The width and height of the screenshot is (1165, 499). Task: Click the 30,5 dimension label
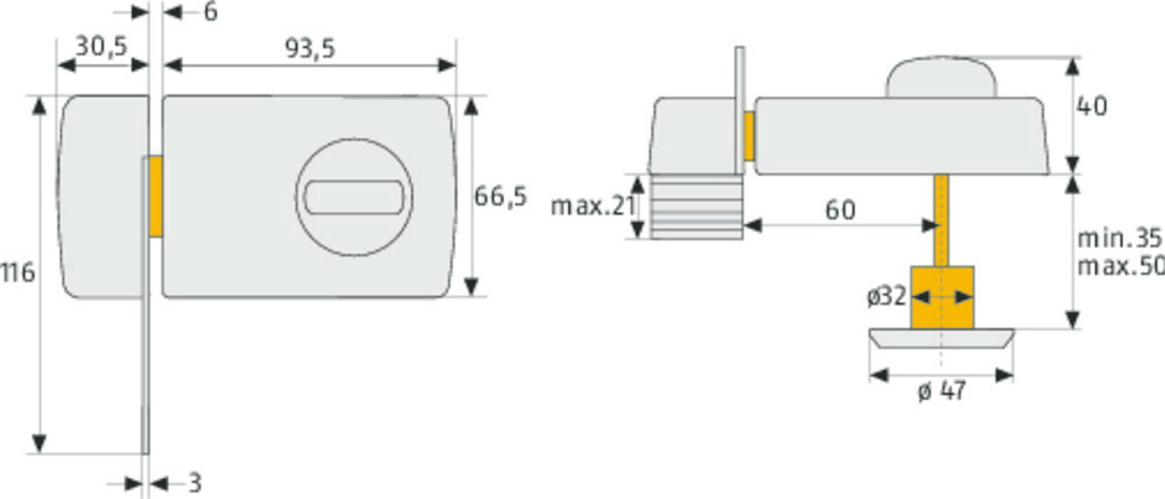(x=101, y=47)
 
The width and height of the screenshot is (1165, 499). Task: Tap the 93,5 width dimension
(x=310, y=49)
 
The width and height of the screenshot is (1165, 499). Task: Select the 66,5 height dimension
(x=500, y=197)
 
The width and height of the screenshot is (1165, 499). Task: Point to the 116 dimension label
(x=17, y=273)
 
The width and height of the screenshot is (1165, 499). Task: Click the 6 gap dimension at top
(x=211, y=12)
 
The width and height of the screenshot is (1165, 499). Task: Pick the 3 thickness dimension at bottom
(x=195, y=483)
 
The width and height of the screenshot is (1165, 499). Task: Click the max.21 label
(x=593, y=206)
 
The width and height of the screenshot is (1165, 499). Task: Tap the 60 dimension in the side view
(x=840, y=210)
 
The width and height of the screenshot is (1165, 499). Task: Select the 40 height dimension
(x=1092, y=106)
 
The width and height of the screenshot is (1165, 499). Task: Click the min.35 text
(x=1119, y=238)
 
